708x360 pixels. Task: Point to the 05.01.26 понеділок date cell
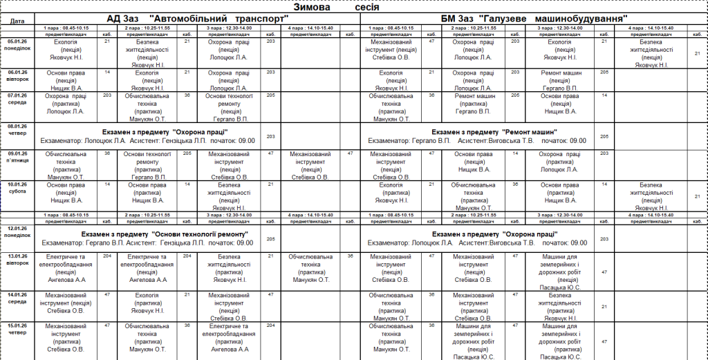(x=19, y=46)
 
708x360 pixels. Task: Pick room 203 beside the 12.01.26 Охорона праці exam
(x=604, y=239)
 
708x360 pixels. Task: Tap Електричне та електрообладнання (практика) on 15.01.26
(x=228, y=337)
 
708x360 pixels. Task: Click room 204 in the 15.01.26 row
(x=270, y=325)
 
